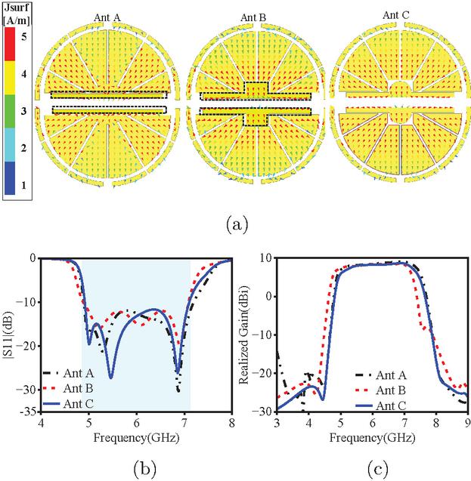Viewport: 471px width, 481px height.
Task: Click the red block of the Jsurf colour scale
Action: click(x=10, y=44)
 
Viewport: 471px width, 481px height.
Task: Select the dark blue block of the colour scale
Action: click(x=10, y=178)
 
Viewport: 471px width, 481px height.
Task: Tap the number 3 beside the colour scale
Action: click(x=23, y=111)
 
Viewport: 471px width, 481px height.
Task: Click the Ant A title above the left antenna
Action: click(x=107, y=17)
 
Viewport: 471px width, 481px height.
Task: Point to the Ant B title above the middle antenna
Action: click(x=253, y=17)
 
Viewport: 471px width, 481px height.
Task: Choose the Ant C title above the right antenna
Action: click(x=395, y=15)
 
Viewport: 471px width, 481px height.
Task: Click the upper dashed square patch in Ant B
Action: click(x=256, y=88)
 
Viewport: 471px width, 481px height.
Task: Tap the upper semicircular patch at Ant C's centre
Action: click(x=401, y=88)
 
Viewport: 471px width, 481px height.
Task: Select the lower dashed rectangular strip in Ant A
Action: click(x=110, y=109)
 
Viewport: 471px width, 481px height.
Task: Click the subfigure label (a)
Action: click(x=237, y=225)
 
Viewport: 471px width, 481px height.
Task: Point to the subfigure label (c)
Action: click(x=377, y=469)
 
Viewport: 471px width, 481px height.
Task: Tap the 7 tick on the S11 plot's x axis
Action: click(x=184, y=424)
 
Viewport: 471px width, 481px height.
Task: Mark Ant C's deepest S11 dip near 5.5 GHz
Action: click(x=111, y=378)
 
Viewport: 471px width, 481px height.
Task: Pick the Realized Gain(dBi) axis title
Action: click(x=243, y=335)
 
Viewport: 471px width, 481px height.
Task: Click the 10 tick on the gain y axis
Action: click(x=267, y=258)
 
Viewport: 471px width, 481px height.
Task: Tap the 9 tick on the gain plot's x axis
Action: click(x=468, y=424)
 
